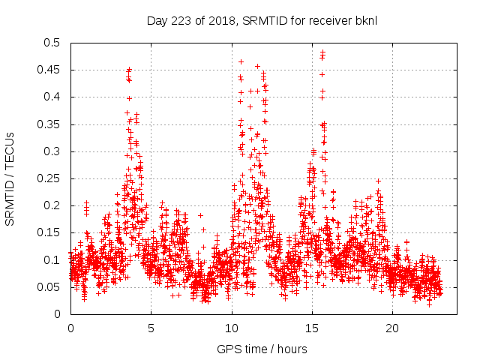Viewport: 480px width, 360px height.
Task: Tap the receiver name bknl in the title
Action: pos(364,20)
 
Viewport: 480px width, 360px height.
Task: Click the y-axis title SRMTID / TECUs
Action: pos(10,178)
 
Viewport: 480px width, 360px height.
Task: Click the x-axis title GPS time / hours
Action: pos(262,349)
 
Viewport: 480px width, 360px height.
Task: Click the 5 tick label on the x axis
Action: pos(151,328)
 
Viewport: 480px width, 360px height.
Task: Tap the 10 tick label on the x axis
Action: pos(232,328)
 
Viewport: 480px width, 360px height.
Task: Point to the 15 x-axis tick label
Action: pos(312,328)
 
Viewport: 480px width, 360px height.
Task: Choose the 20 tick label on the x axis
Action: pos(392,328)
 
